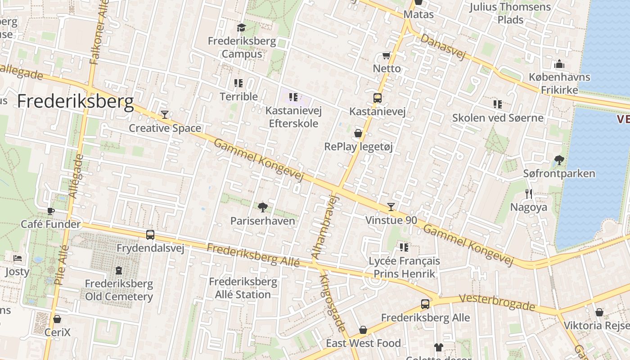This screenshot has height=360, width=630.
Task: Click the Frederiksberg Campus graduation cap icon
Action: coord(241,28)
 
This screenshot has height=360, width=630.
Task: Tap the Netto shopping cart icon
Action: coord(386,56)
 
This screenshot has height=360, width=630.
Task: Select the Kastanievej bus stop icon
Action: coord(378,98)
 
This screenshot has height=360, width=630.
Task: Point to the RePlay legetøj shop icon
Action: coord(358,133)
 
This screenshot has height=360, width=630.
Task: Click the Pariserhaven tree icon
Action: coord(263,207)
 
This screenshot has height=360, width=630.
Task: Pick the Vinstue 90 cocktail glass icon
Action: coord(391,207)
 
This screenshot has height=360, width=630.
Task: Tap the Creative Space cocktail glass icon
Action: coord(165,115)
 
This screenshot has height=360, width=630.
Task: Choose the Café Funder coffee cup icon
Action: coord(51,211)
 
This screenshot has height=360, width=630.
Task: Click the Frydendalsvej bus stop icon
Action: coord(150,234)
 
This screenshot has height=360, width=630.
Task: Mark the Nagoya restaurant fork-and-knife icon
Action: coord(529,194)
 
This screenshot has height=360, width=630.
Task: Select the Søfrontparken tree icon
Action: coord(559,160)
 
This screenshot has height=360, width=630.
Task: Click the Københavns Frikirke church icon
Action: coord(559,64)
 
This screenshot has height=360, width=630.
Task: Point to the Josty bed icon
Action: coord(18,258)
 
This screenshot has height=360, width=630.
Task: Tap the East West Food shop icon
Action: coord(363,330)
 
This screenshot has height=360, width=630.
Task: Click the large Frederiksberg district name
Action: coord(76,102)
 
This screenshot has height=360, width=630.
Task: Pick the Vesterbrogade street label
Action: coord(497,303)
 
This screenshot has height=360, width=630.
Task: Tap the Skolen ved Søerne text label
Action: coord(498,118)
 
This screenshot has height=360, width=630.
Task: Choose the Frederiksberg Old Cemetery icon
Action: coord(119,270)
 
